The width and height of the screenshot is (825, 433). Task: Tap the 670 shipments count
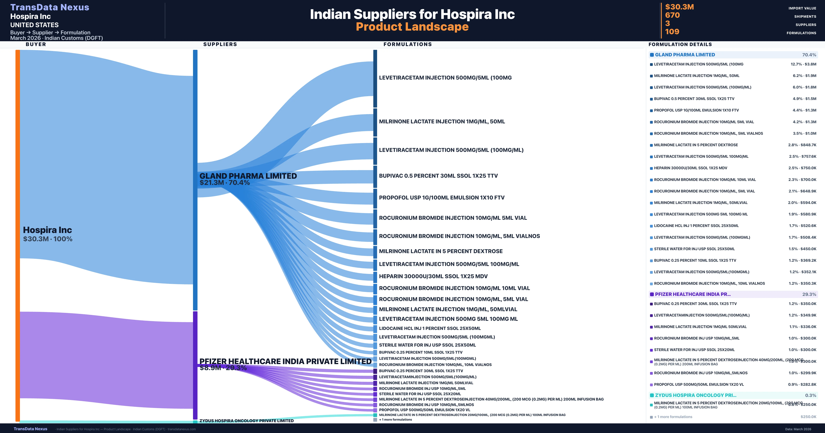(672, 15)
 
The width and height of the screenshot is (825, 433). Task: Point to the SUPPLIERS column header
(220, 44)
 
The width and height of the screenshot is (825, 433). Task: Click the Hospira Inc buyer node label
(47, 230)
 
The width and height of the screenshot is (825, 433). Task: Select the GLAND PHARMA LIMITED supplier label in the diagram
(248, 176)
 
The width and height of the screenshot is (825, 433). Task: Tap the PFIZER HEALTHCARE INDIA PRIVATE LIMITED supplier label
(285, 361)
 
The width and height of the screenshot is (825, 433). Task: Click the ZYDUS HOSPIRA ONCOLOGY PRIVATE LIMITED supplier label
(246, 420)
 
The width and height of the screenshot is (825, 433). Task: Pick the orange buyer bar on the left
(18, 235)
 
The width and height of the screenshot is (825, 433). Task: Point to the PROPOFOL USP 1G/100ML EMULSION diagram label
(441, 198)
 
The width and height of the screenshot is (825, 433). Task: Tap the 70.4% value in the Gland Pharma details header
(809, 55)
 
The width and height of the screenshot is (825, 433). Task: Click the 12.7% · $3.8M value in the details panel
(803, 64)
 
